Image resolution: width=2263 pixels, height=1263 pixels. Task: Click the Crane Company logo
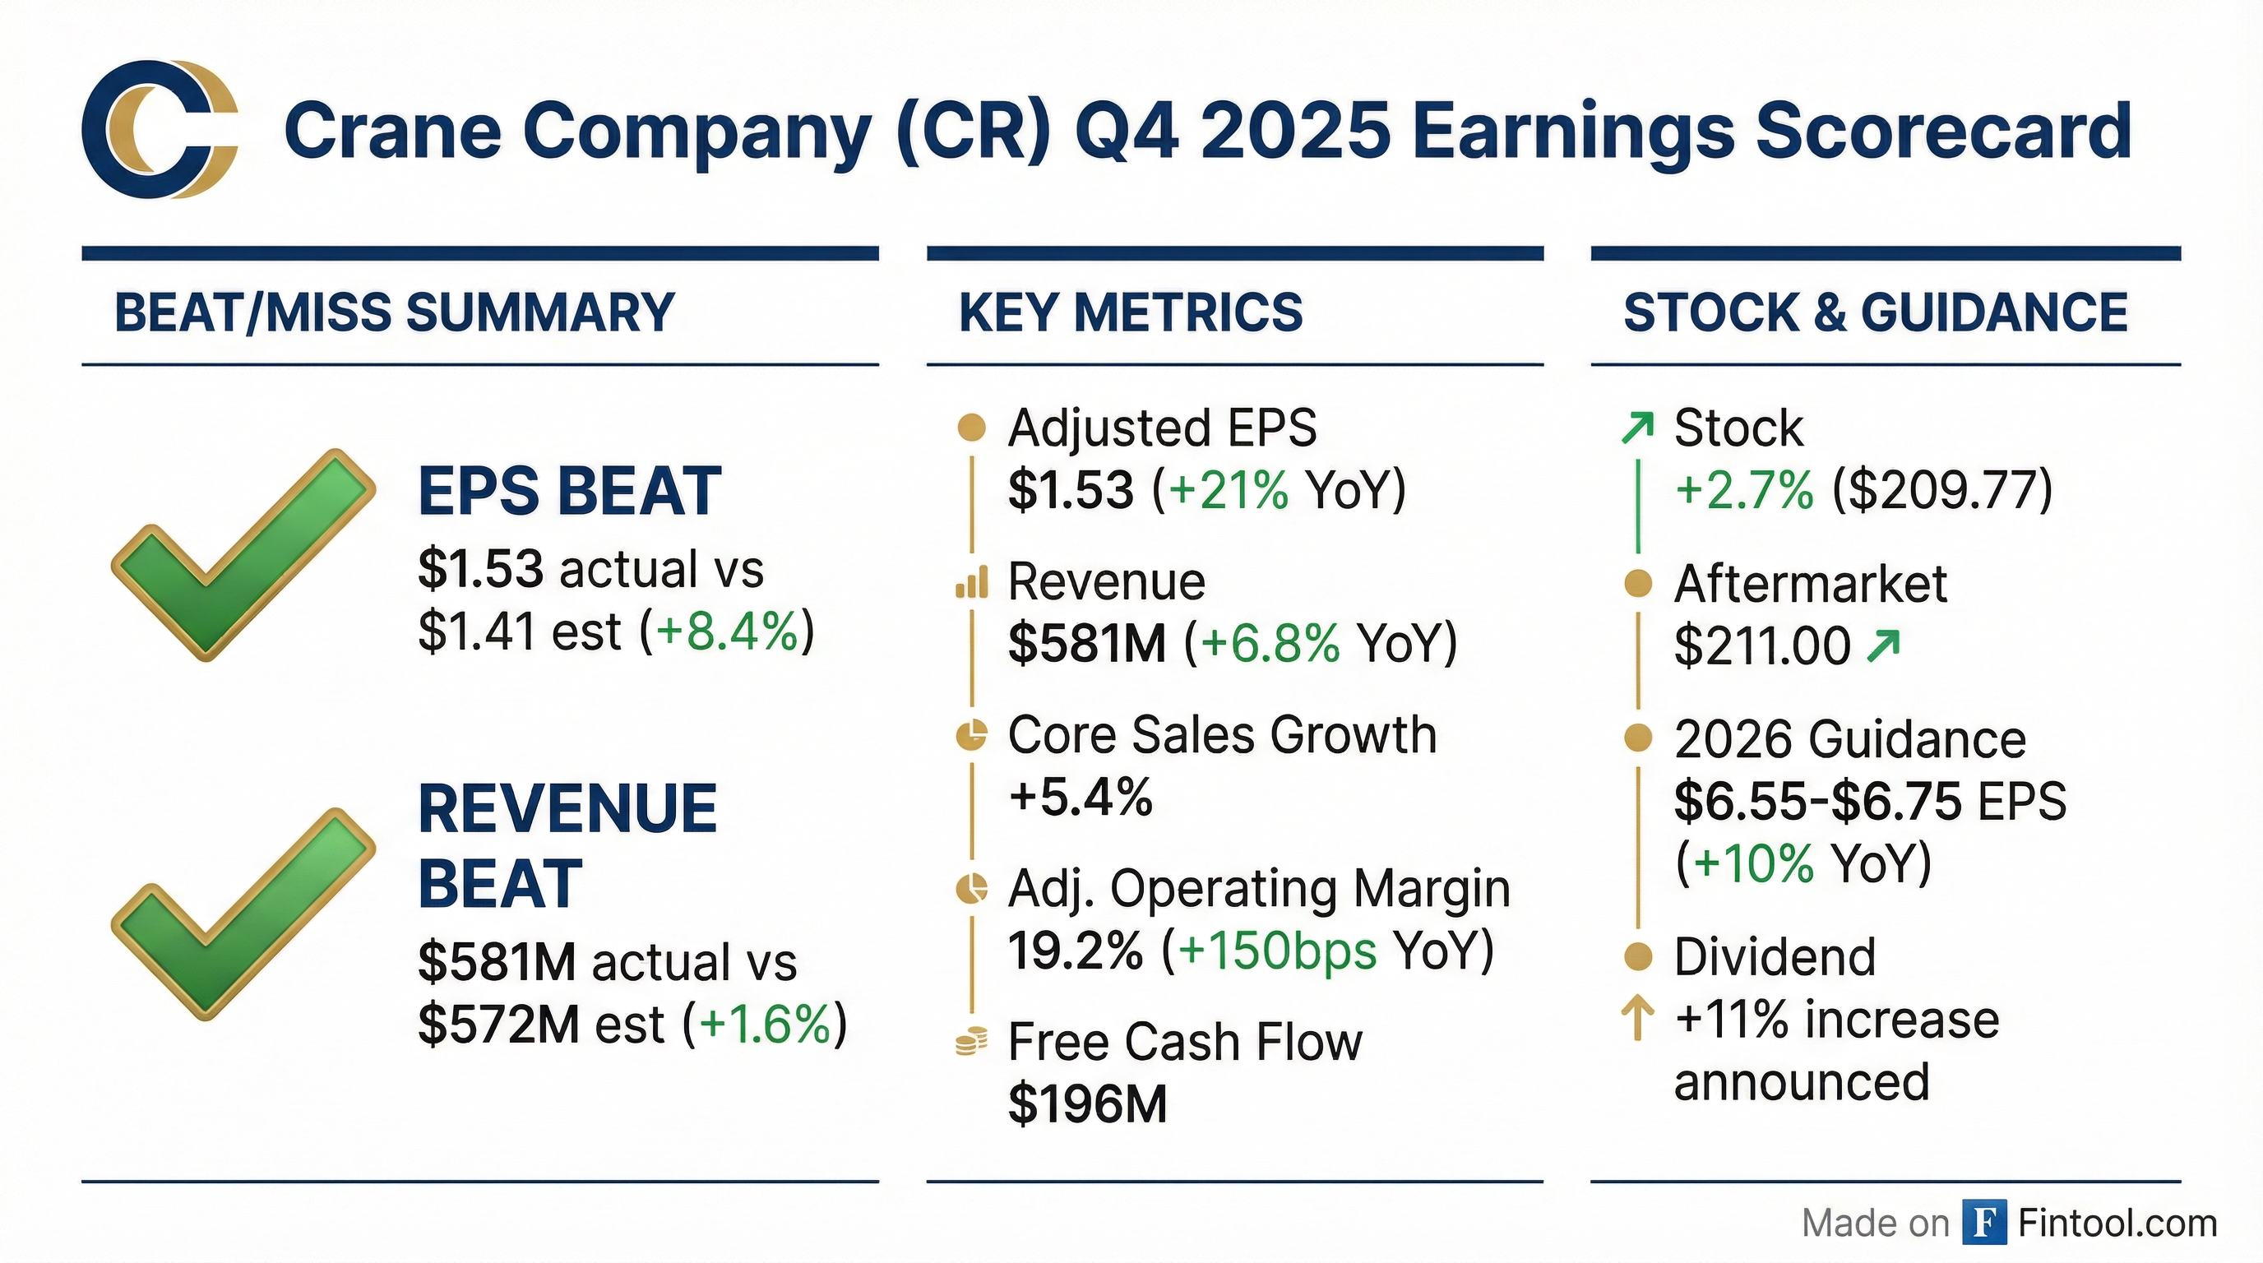click(x=160, y=129)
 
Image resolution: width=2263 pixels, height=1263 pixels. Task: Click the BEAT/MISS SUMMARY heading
click(x=395, y=312)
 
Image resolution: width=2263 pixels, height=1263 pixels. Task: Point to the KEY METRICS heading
click(x=1131, y=312)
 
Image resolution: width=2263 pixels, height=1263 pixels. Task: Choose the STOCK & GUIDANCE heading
click(x=1876, y=312)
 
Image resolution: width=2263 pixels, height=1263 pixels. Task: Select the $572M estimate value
click(x=498, y=1024)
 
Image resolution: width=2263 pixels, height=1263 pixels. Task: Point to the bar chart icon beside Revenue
click(x=970, y=582)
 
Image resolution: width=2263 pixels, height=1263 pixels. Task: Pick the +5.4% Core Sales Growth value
click(x=1081, y=798)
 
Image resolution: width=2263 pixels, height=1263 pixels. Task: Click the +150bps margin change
click(x=1277, y=951)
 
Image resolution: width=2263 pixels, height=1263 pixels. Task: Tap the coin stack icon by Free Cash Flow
click(x=970, y=1043)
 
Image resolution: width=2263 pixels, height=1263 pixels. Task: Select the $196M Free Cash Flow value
click(x=1088, y=1104)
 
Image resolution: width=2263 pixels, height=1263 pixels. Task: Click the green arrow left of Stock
click(x=1637, y=428)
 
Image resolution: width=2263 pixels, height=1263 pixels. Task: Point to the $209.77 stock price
click(x=1942, y=490)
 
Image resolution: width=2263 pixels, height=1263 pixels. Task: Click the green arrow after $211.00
click(x=1883, y=646)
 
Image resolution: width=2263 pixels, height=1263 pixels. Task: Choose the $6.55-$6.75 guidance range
click(x=1817, y=801)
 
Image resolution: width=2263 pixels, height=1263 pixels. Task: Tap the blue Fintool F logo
click(x=1984, y=1223)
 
